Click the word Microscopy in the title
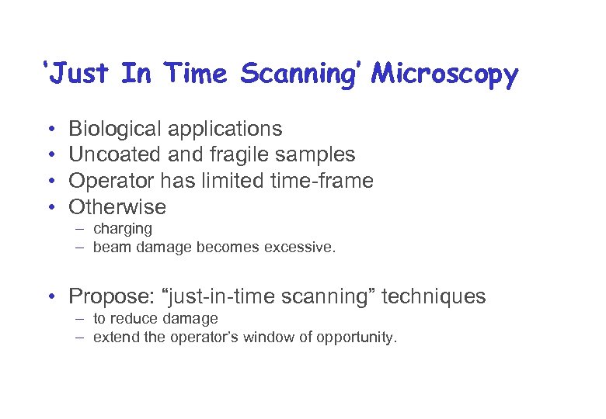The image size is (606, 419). (x=444, y=75)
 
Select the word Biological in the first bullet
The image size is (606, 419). (x=116, y=129)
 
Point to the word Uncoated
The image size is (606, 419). (x=115, y=155)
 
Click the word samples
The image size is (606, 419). (x=315, y=155)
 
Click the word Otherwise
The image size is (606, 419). (x=117, y=207)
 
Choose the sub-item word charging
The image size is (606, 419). (x=123, y=229)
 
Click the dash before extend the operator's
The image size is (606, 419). (x=81, y=338)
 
